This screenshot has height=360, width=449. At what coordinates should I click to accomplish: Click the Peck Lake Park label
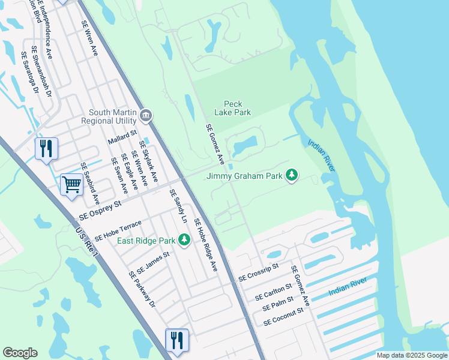pos(233,108)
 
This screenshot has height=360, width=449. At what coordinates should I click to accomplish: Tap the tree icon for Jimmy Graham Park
pos(292,175)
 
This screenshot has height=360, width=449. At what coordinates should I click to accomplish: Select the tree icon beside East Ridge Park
pos(184,241)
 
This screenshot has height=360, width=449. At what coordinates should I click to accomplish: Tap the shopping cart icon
pos(71,184)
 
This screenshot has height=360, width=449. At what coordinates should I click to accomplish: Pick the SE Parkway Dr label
pos(142,289)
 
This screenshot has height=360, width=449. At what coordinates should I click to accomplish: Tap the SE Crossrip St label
pos(259,272)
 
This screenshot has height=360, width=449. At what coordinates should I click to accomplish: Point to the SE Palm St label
pos(278,304)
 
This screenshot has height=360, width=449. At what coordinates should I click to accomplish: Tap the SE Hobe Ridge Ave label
pos(205,245)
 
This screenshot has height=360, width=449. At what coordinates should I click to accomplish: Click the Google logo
pos(20,352)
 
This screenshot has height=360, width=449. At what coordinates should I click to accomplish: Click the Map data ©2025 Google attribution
pos(412,355)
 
